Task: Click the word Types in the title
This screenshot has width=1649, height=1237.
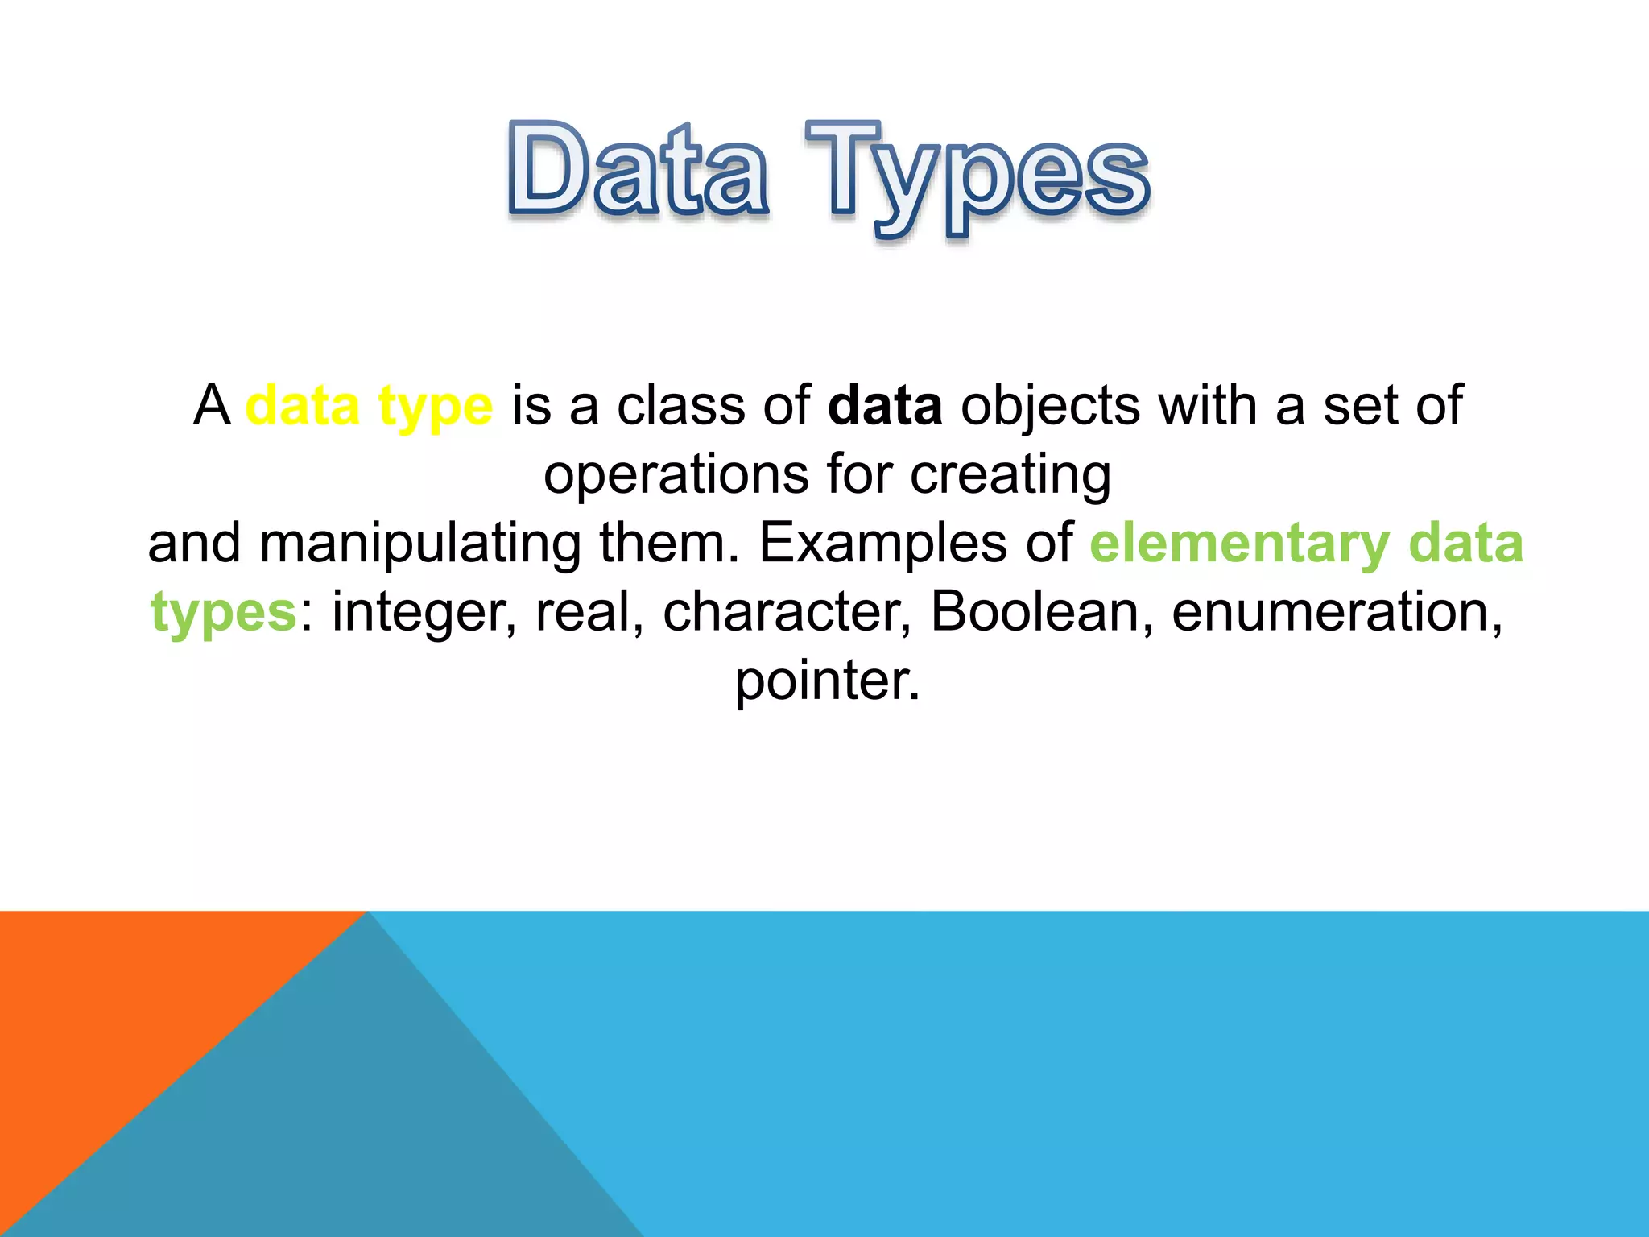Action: point(977,177)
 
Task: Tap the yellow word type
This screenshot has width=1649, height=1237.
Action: point(435,408)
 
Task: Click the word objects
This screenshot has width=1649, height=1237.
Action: point(1050,408)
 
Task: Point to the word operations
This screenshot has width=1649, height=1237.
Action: point(676,475)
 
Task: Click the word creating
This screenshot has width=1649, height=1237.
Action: point(1010,475)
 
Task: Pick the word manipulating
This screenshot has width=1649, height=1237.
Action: point(419,544)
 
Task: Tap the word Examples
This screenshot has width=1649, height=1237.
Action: point(882,543)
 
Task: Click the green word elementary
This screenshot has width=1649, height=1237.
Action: point(1239,544)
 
